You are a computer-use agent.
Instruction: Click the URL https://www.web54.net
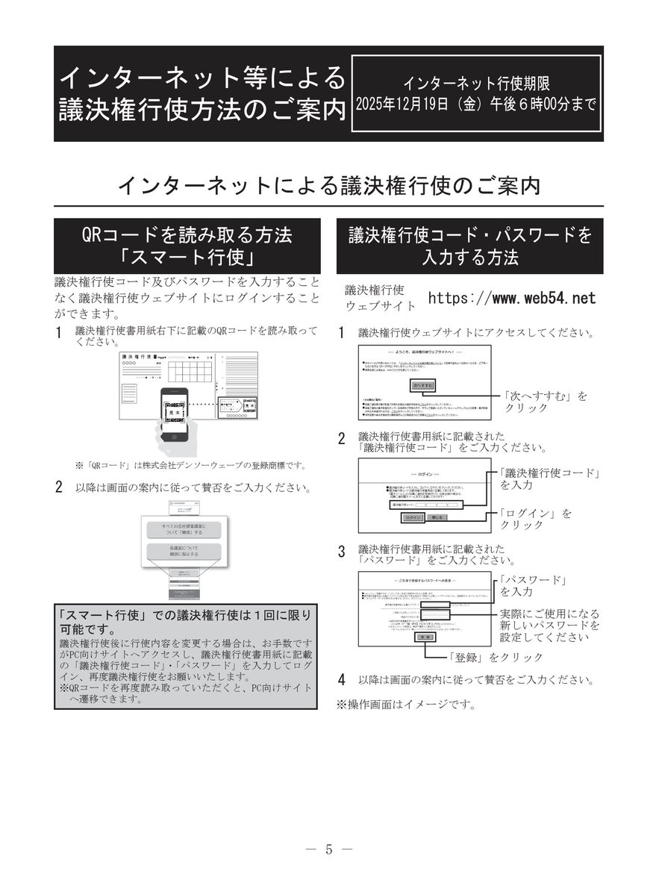[x=512, y=299]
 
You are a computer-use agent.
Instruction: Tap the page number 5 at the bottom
[x=330, y=849]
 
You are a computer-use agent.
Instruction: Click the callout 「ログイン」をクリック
[x=537, y=519]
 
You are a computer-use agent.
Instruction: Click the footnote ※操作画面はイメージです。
[x=405, y=704]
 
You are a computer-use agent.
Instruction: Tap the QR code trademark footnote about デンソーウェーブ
[x=190, y=465]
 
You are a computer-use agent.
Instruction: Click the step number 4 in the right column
[x=341, y=680]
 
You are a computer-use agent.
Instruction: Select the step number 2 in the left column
[x=59, y=488]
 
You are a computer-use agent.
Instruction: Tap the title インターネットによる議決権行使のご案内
[x=329, y=185]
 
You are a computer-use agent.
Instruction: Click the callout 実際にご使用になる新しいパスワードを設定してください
[x=549, y=625]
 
